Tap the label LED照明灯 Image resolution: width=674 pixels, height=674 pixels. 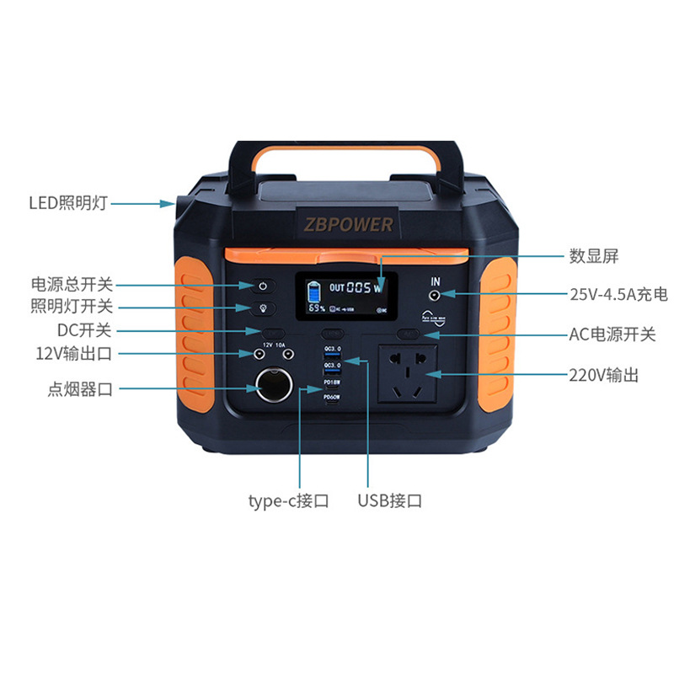(68, 203)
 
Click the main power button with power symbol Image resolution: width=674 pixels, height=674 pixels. (261, 286)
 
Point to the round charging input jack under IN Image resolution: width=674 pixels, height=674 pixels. (436, 296)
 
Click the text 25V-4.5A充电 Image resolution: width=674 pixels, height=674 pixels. (618, 295)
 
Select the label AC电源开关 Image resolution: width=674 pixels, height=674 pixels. (612, 334)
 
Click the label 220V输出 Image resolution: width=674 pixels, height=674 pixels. (603, 375)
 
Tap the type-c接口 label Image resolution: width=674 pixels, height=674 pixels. (288, 501)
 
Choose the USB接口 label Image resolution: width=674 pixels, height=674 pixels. (389, 501)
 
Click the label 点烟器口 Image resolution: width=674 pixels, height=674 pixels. (80, 389)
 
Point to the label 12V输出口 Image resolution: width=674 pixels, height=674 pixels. (73, 352)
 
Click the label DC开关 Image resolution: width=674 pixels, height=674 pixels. (84, 329)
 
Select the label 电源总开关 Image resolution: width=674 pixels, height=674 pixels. (72, 285)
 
